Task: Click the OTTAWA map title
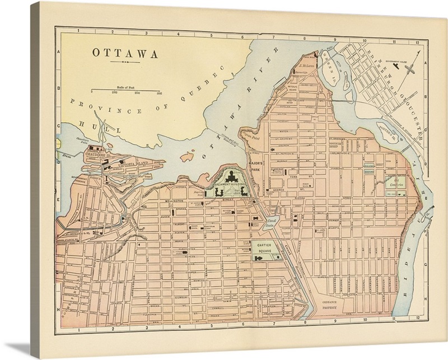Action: point(125,55)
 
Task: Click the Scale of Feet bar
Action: point(125,90)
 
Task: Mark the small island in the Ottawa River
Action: point(192,158)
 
